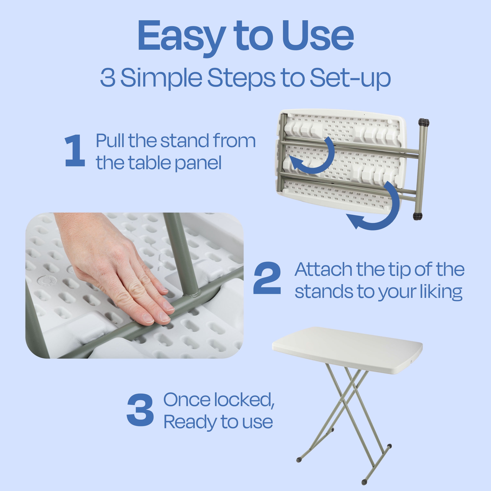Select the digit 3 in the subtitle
pyautogui.click(x=108, y=78)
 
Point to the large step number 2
pyautogui.click(x=267, y=278)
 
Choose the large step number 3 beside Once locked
pyautogui.click(x=140, y=410)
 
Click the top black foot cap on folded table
pyautogui.click(x=424, y=123)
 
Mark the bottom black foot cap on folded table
pyautogui.click(x=418, y=216)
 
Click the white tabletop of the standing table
pyautogui.click(x=347, y=349)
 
